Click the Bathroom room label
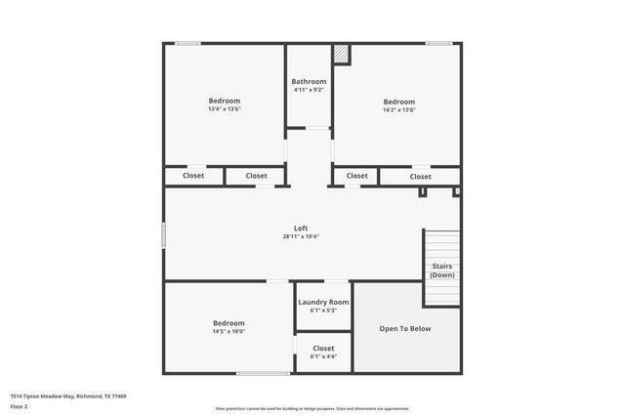click(309, 81)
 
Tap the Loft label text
click(301, 228)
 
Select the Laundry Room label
click(323, 303)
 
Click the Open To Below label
click(405, 328)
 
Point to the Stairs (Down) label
click(442, 271)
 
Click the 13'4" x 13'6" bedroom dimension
click(224, 109)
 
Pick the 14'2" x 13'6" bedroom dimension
click(398, 110)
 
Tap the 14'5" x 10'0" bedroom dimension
click(229, 331)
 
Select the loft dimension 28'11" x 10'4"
click(301, 236)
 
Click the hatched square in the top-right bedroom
click(341, 55)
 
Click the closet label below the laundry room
click(323, 348)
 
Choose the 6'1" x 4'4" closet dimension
click(323, 356)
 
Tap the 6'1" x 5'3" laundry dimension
click(323, 312)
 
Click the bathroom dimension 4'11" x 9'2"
click(309, 90)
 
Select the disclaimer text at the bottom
click(312, 409)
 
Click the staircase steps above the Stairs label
click(441, 244)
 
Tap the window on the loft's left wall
click(163, 235)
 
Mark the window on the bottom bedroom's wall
click(262, 373)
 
